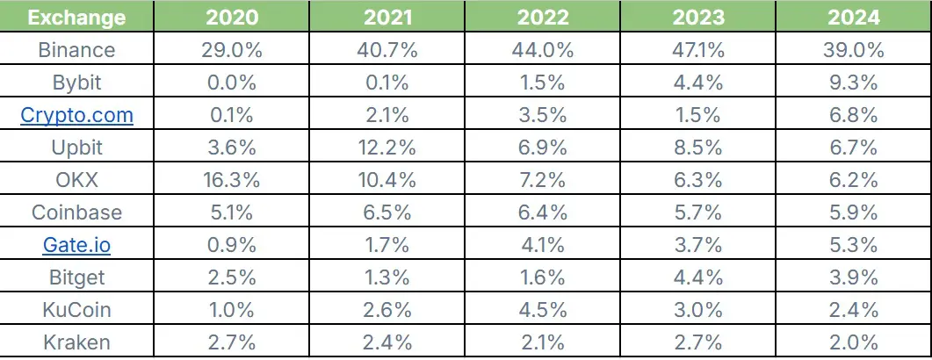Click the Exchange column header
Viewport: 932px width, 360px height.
tap(76, 18)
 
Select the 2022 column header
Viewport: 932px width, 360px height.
tap(543, 18)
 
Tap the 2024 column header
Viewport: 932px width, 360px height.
tap(854, 18)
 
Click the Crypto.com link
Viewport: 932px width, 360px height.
tap(76, 115)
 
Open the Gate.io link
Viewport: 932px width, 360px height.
tap(76, 244)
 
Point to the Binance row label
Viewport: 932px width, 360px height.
tap(76, 50)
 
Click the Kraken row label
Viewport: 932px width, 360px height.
tap(76, 342)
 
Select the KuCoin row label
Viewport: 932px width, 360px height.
tap(76, 309)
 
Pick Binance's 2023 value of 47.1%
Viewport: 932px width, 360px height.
tap(698, 50)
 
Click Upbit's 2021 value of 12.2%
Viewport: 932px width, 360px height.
tap(387, 148)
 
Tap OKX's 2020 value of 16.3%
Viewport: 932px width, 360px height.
tap(232, 179)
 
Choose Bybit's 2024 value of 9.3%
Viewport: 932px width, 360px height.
tap(854, 83)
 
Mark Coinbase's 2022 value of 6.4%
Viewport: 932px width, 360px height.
tap(543, 212)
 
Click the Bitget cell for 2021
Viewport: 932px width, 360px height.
tap(387, 277)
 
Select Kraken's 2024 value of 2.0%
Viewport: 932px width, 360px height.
tap(854, 342)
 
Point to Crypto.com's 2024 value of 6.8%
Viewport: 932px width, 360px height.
tap(854, 115)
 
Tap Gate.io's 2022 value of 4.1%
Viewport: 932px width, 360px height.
tap(543, 244)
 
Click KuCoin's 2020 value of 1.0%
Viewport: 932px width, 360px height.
tap(232, 309)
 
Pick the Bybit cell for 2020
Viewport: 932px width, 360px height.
tap(232, 83)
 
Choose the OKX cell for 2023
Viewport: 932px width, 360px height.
tap(698, 179)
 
